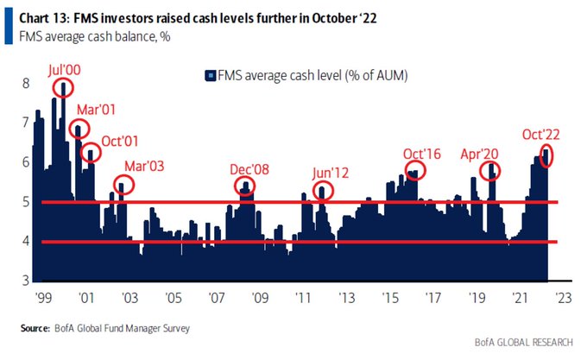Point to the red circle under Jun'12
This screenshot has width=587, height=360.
[322, 192]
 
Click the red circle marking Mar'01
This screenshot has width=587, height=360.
[79, 129]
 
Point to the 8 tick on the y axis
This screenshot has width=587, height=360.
[27, 83]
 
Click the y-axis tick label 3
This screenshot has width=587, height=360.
[27, 281]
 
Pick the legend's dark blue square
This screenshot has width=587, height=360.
[210, 76]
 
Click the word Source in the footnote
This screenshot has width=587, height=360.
[35, 328]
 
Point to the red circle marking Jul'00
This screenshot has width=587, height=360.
[63, 88]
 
